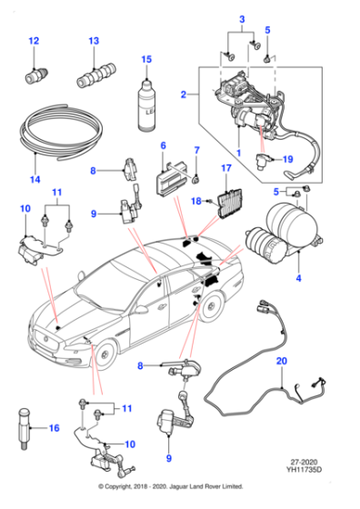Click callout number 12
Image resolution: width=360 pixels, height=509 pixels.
click(x=34, y=42)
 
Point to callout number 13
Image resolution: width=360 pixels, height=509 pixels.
click(x=94, y=42)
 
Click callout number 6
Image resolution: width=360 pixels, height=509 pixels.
click(x=164, y=146)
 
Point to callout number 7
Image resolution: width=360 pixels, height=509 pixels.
click(x=195, y=151)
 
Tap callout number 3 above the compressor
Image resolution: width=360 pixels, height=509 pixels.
click(x=242, y=19)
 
